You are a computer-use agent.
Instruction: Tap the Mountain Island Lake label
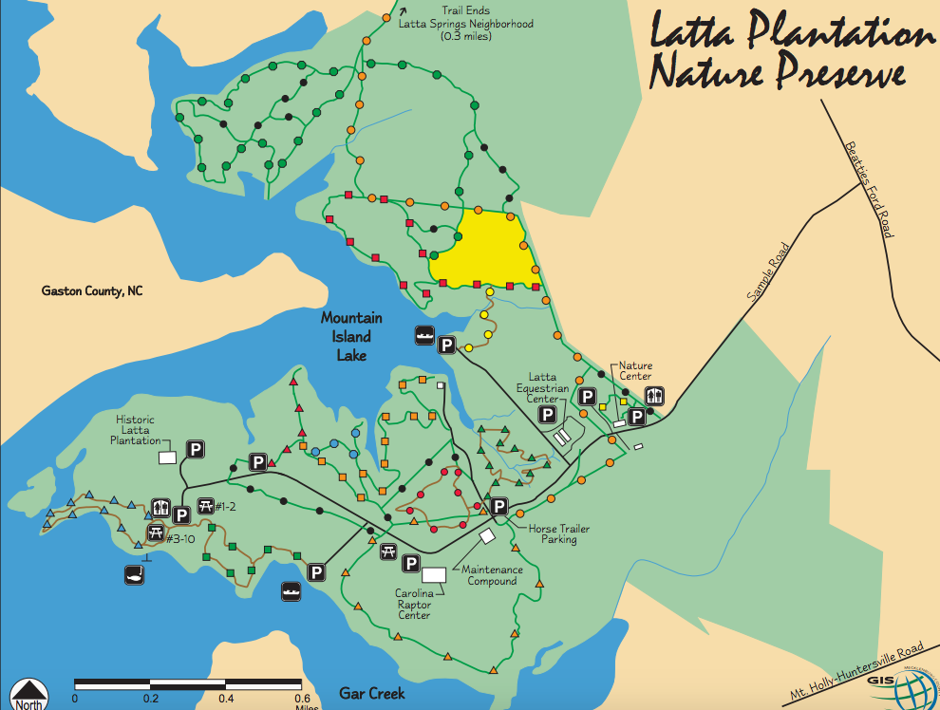click(351, 336)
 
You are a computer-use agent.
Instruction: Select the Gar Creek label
click(371, 694)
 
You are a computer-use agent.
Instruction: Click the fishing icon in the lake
click(135, 575)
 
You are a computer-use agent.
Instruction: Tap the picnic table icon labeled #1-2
click(203, 506)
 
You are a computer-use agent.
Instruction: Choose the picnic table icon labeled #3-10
click(157, 532)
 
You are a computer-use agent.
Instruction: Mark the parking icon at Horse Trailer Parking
click(499, 507)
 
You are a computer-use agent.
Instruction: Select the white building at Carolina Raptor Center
click(434, 575)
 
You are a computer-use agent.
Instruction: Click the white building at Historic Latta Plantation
click(167, 458)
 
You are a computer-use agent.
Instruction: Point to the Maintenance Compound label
click(490, 575)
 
